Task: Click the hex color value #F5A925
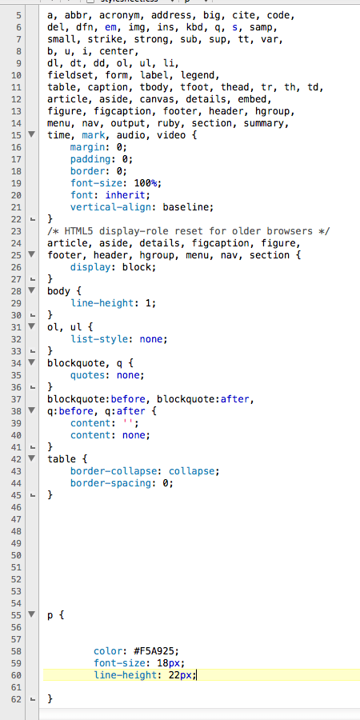(156, 651)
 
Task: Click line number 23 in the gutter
(16, 231)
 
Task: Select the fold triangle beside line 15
(32, 134)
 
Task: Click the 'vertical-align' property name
(110, 207)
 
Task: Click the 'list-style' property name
(98, 339)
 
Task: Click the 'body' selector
(58, 291)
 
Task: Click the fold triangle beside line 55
(32, 614)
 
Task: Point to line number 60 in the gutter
(16, 675)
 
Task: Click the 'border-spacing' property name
(110, 483)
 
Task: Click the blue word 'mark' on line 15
(94, 135)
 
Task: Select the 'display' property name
(90, 267)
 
